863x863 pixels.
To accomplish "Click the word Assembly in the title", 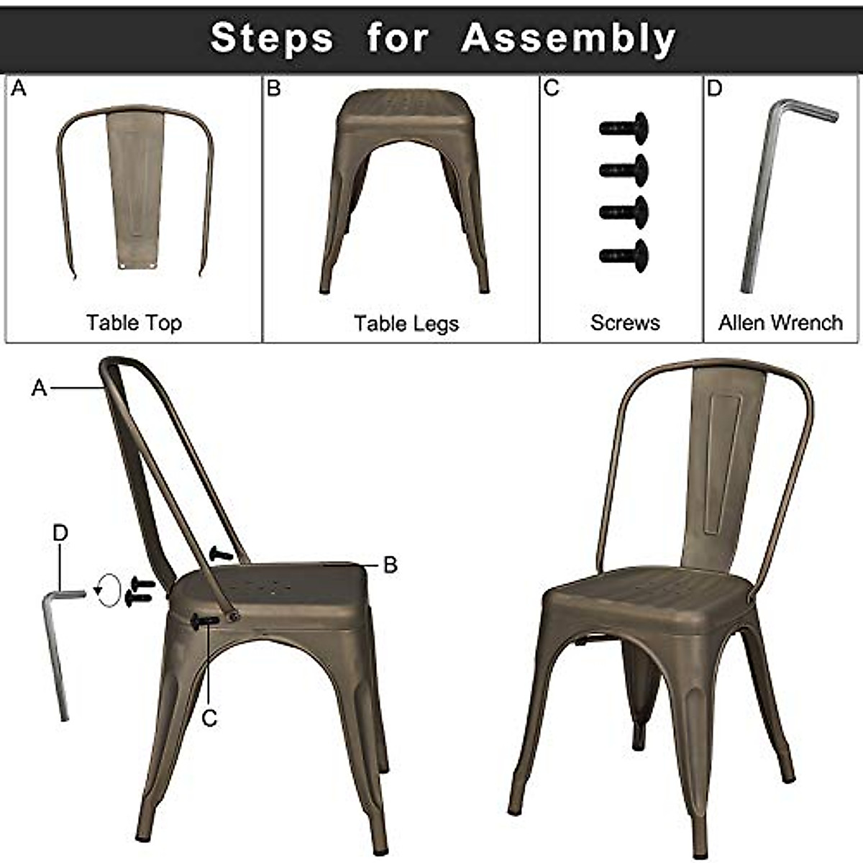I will pos(567,38).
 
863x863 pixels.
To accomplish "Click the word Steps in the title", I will pos(271,38).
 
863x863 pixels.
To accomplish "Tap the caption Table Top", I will pos(134,323).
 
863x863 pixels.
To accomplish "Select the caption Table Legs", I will pos(406,324).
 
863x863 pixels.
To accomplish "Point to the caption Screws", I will pos(625,323).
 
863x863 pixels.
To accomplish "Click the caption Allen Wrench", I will pos(780,323).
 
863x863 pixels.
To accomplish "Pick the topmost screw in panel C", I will pos(624,128).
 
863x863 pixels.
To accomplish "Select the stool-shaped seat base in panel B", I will pos(404,187).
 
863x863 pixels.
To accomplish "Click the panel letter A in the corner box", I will pos(19,88).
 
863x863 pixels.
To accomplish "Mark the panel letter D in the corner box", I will pos(714,88).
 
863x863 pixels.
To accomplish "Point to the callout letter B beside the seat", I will pos(391,565).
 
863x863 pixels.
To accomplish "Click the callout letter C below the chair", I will pos(209,718).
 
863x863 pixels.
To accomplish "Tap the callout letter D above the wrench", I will pos(60,533).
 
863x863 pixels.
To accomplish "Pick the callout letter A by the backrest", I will pos(39,388).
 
